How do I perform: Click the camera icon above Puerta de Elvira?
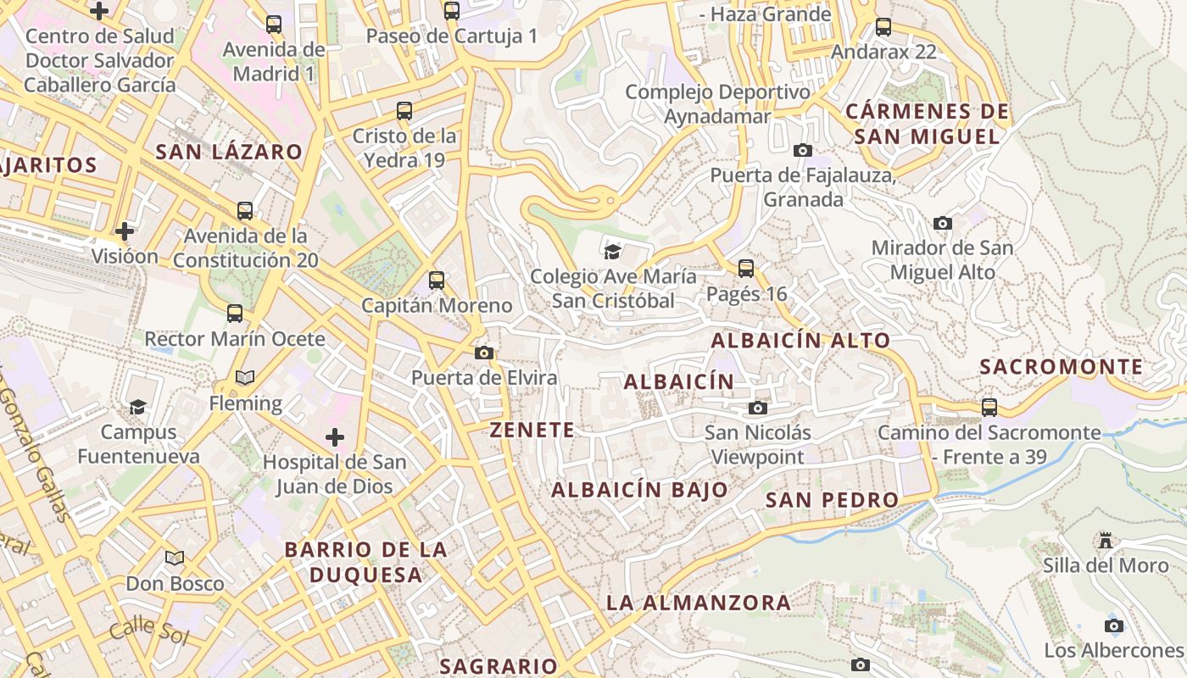coord(484,353)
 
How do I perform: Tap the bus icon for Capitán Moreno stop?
coord(437,281)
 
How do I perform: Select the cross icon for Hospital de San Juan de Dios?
coord(335,437)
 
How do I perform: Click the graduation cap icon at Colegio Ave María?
coord(612,251)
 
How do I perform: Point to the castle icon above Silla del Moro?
coord(1106,540)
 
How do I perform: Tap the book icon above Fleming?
coord(245,378)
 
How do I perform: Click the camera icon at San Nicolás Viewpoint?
coord(758,408)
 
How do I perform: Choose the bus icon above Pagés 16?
coord(746,269)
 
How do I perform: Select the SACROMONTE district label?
coord(1062,367)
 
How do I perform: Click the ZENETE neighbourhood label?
coord(532,430)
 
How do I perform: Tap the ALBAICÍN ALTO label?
coord(801,341)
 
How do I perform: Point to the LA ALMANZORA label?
coord(699,603)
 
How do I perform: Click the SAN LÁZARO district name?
coord(229,152)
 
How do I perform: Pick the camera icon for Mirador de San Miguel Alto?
coord(942,224)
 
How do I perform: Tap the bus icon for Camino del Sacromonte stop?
coord(989,408)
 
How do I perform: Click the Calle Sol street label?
coord(148,630)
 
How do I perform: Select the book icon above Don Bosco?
coord(175,559)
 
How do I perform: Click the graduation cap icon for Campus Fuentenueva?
coord(138,408)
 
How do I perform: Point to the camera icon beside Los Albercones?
coord(1114,626)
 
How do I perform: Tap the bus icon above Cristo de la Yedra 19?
coord(404,111)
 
